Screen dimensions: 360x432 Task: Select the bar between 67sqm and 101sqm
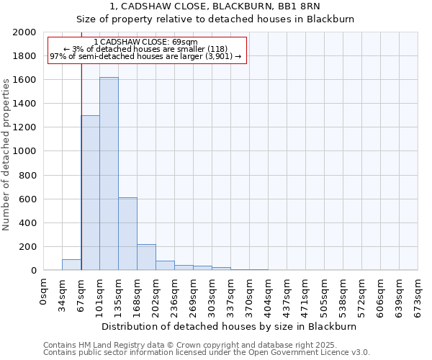pos(90,192)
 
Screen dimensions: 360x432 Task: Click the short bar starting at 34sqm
pos(71,264)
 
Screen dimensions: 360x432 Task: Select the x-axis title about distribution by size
pos(229,326)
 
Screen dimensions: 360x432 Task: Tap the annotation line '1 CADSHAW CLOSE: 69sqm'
pos(145,42)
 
